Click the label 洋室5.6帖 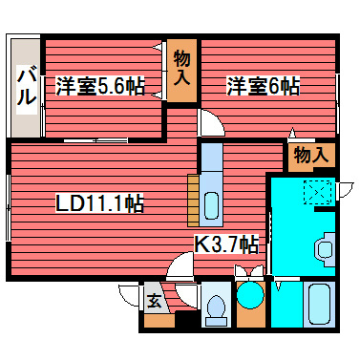point(100,86)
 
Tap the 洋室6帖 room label point(263,86)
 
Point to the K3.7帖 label point(227,244)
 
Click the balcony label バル point(27,85)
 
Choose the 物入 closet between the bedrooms point(182,70)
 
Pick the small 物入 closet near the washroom point(310,154)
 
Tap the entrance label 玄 point(153,302)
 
